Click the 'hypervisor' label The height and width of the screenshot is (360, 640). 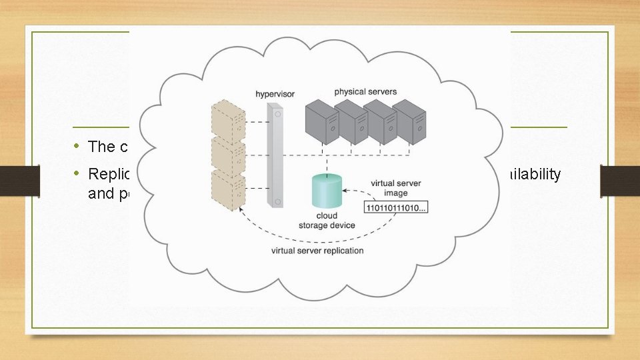click(x=275, y=94)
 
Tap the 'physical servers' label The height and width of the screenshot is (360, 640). click(x=365, y=91)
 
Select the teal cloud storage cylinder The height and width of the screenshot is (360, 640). click(x=327, y=190)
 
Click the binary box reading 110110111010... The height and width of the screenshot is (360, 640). click(x=396, y=208)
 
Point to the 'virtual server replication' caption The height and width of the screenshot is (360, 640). click(x=317, y=251)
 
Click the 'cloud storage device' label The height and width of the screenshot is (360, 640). click(x=327, y=221)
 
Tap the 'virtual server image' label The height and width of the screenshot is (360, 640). click(x=395, y=188)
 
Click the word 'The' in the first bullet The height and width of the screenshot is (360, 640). click(x=102, y=147)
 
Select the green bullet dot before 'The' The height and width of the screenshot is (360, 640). click(x=77, y=146)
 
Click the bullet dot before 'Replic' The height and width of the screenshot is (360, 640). click(x=77, y=173)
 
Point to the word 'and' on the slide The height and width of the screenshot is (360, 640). click(x=101, y=193)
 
